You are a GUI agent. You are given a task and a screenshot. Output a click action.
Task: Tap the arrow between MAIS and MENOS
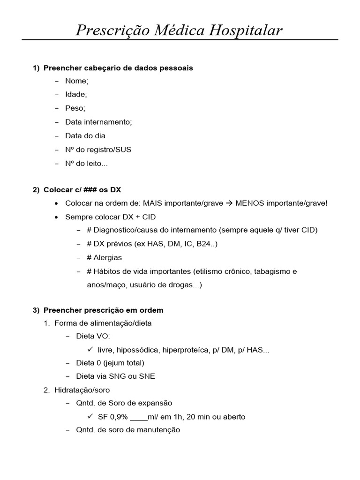click(x=229, y=204)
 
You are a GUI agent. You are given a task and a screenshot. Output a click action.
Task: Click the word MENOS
click(x=248, y=204)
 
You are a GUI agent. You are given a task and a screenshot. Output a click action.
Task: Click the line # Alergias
click(x=104, y=257)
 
